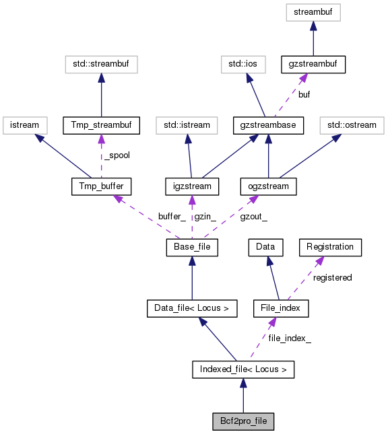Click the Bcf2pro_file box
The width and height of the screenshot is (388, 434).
pyautogui.click(x=243, y=421)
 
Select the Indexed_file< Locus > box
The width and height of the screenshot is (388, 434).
pyautogui.click(x=243, y=369)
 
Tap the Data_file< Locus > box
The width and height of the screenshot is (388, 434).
pyautogui.click(x=192, y=309)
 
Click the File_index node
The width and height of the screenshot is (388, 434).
pyautogui.click(x=280, y=309)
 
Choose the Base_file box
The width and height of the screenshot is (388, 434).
pyautogui.click(x=192, y=248)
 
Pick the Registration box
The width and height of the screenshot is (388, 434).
pyautogui.click(x=330, y=247)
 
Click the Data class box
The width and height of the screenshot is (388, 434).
pyautogui.click(x=265, y=247)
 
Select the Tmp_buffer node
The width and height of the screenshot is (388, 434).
pyautogui.click(x=101, y=186)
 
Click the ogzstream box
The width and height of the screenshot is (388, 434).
pyautogui.click(x=269, y=186)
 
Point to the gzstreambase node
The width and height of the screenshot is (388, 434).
pyautogui.click(x=269, y=125)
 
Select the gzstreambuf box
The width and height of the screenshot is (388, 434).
pyautogui.click(x=313, y=65)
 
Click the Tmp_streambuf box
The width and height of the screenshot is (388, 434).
pyautogui.click(x=101, y=125)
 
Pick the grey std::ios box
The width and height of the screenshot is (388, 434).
pyautogui.click(x=243, y=65)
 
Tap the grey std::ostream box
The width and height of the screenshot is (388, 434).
pyautogui.click(x=350, y=125)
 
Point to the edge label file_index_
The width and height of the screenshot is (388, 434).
pyautogui.click(x=290, y=338)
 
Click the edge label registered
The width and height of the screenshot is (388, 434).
pyautogui.click(x=332, y=277)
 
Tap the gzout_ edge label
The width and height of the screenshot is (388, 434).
pyautogui.click(x=253, y=217)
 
